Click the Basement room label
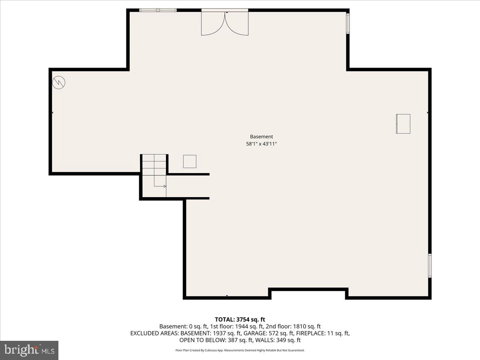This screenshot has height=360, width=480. pyautogui.click(x=262, y=136)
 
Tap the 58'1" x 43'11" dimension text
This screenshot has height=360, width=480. pyautogui.click(x=262, y=144)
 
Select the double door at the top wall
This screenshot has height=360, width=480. pyautogui.click(x=225, y=23)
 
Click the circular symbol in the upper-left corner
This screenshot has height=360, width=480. pyautogui.click(x=59, y=83)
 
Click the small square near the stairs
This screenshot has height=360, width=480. pyautogui.click(x=190, y=161)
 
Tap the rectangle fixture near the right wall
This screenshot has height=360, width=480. pyautogui.click(x=403, y=124)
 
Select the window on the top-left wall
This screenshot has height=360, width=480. pyautogui.click(x=158, y=10)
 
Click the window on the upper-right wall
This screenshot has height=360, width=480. pyautogui.click(x=348, y=23)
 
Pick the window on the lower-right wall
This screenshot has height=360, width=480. pyautogui.click(x=430, y=265)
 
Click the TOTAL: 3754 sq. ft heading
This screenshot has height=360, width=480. pyautogui.click(x=240, y=319)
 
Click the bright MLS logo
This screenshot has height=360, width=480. pyautogui.click(x=29, y=350)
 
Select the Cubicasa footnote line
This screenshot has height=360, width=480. pyautogui.click(x=240, y=350)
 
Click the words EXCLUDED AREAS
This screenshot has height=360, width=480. pyautogui.click(x=154, y=333)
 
